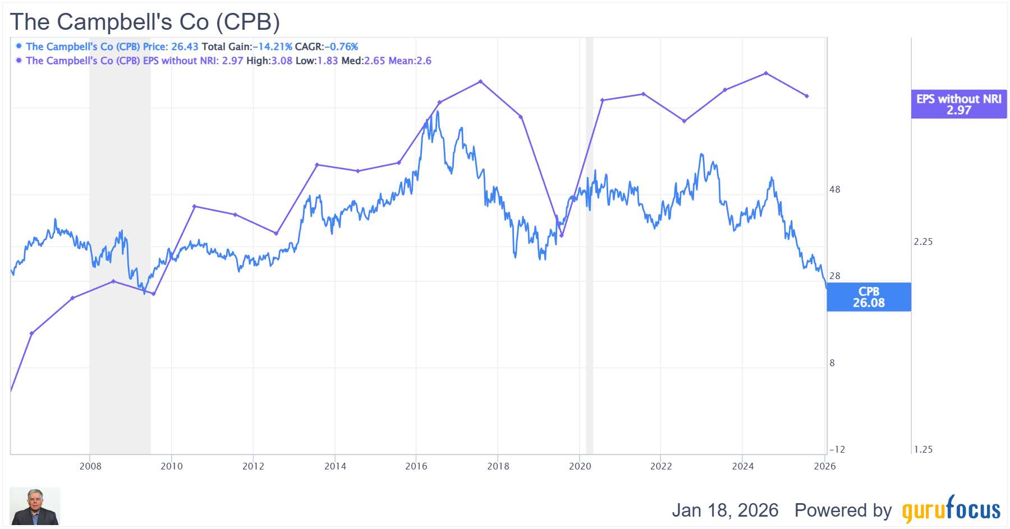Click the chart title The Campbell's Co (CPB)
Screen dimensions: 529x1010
[x=145, y=22]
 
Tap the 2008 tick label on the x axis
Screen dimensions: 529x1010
[x=90, y=466]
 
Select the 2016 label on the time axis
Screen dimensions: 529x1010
[x=416, y=466]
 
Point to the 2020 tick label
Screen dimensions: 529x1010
[x=580, y=466]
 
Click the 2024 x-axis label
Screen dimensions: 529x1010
[x=743, y=466]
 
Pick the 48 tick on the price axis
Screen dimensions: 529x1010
[x=835, y=190]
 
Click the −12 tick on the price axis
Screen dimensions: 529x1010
[x=837, y=449]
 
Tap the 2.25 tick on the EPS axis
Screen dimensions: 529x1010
[x=923, y=241]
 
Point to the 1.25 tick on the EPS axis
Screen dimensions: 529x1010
[x=923, y=449]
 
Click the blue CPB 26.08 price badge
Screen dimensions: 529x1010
[x=869, y=297]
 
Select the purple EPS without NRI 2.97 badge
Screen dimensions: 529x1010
[x=958, y=104]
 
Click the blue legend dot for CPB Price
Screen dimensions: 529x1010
[x=19, y=46]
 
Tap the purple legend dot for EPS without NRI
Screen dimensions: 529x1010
[x=19, y=60]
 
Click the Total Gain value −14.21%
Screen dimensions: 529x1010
[x=273, y=47]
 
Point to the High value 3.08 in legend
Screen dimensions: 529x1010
[x=282, y=61]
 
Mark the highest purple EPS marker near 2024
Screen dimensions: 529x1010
[x=766, y=73]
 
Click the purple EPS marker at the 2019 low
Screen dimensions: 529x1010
[x=562, y=235]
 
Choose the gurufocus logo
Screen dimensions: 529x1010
[x=951, y=509]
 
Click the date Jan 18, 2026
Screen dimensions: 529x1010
[x=725, y=510]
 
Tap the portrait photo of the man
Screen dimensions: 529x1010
[x=35, y=506]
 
